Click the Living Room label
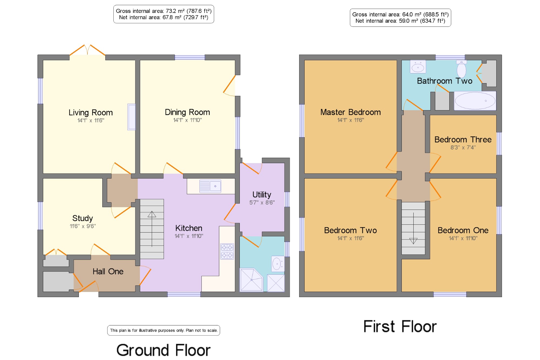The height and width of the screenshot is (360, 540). [91, 112]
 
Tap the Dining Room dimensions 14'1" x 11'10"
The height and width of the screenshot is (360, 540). [187, 120]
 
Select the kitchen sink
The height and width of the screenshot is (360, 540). [210, 186]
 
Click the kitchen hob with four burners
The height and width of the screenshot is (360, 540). [227, 251]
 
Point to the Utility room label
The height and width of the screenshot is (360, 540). [262, 195]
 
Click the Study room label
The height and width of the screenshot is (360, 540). [83, 218]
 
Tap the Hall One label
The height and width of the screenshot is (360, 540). [108, 271]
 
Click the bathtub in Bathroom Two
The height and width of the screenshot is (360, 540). [475, 101]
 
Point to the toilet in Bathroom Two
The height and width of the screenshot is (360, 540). [461, 69]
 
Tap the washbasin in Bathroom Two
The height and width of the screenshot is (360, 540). [418, 66]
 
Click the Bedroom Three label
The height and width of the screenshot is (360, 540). [463, 140]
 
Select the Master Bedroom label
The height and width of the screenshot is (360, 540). [350, 112]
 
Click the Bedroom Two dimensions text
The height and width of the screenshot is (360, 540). [350, 238]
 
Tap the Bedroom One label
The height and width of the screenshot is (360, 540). [463, 230]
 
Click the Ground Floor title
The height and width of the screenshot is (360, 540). [163, 350]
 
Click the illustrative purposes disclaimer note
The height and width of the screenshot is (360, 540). [164, 330]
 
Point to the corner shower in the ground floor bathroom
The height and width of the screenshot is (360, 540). [251, 280]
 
